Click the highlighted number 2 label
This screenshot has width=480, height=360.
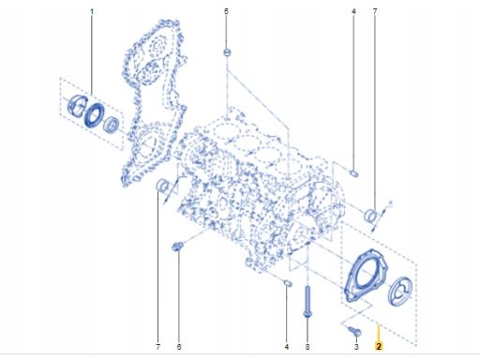(x=379, y=346)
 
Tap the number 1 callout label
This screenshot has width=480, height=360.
(x=92, y=11)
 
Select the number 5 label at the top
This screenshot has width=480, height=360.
(x=227, y=11)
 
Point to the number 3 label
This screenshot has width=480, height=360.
(x=356, y=347)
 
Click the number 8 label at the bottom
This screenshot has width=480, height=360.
(x=307, y=347)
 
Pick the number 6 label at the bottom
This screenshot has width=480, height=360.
(x=179, y=347)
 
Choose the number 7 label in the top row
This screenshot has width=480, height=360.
(x=375, y=11)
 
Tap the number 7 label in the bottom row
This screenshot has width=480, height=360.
(x=157, y=347)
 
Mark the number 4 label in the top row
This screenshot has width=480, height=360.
(x=353, y=11)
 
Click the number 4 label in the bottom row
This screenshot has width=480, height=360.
(x=287, y=347)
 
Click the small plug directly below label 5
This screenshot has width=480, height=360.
(x=227, y=52)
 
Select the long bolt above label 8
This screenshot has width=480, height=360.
(x=307, y=302)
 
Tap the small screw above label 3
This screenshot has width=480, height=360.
(x=354, y=331)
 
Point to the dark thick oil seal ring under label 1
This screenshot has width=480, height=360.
(x=94, y=115)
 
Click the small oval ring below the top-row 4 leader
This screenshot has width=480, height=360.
(x=354, y=173)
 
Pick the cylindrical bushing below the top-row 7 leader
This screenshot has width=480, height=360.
(x=371, y=216)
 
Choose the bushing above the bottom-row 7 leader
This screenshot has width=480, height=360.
(x=162, y=186)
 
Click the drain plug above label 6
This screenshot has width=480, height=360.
(x=177, y=247)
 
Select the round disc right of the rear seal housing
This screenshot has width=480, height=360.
(x=401, y=291)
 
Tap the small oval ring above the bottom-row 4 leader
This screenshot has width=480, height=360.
(x=288, y=283)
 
